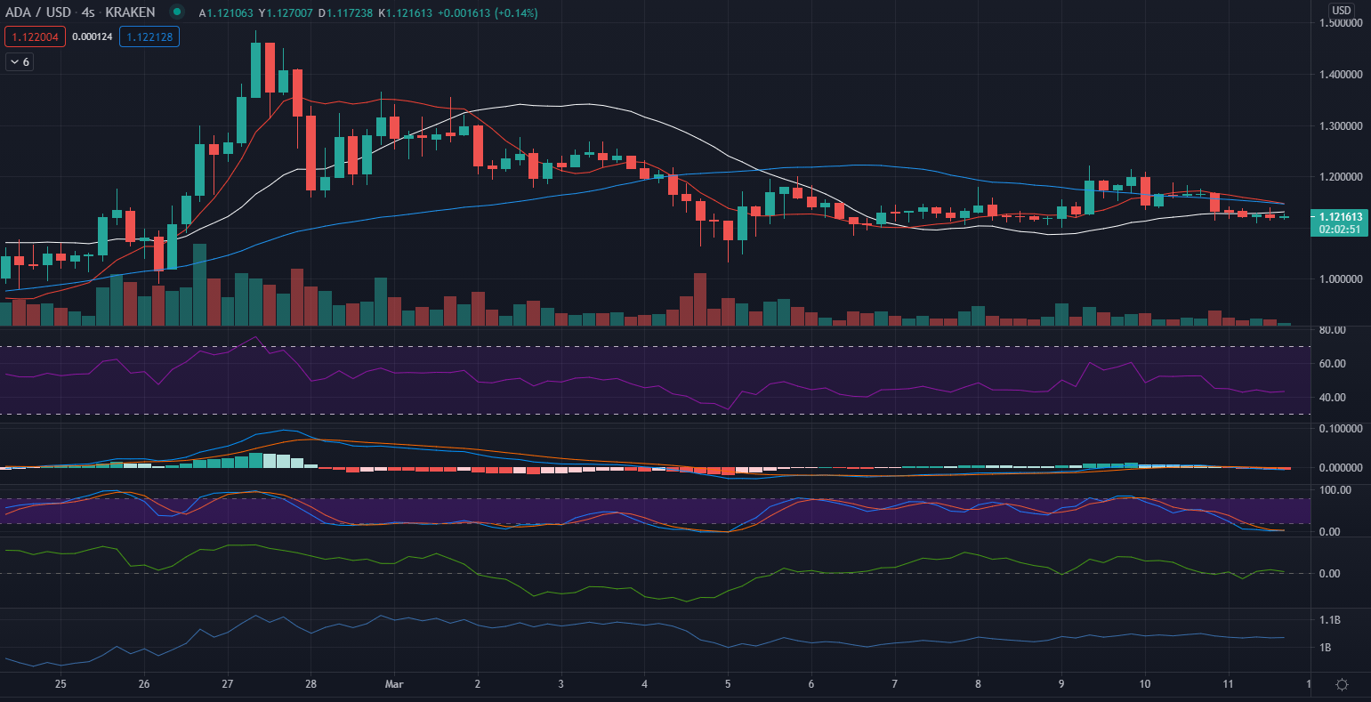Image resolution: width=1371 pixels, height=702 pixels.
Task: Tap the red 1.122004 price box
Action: (34, 37)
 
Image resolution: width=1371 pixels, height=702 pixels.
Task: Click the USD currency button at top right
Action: (1341, 11)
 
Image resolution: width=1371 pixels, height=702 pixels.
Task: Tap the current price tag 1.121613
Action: (1340, 216)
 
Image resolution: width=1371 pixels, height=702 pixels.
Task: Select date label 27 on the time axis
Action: (228, 684)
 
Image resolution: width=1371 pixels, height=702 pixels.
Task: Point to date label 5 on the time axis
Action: (728, 684)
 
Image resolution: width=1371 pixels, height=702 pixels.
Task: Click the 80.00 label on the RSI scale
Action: (1332, 330)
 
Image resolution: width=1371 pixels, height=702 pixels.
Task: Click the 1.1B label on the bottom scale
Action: (1330, 619)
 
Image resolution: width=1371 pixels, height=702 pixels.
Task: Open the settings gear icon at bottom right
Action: (1342, 684)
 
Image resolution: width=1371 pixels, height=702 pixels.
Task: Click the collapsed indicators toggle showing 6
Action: (20, 62)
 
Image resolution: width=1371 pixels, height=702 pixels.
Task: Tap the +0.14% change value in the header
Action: (511, 12)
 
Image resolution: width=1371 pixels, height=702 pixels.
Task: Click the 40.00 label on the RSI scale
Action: (1332, 398)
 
